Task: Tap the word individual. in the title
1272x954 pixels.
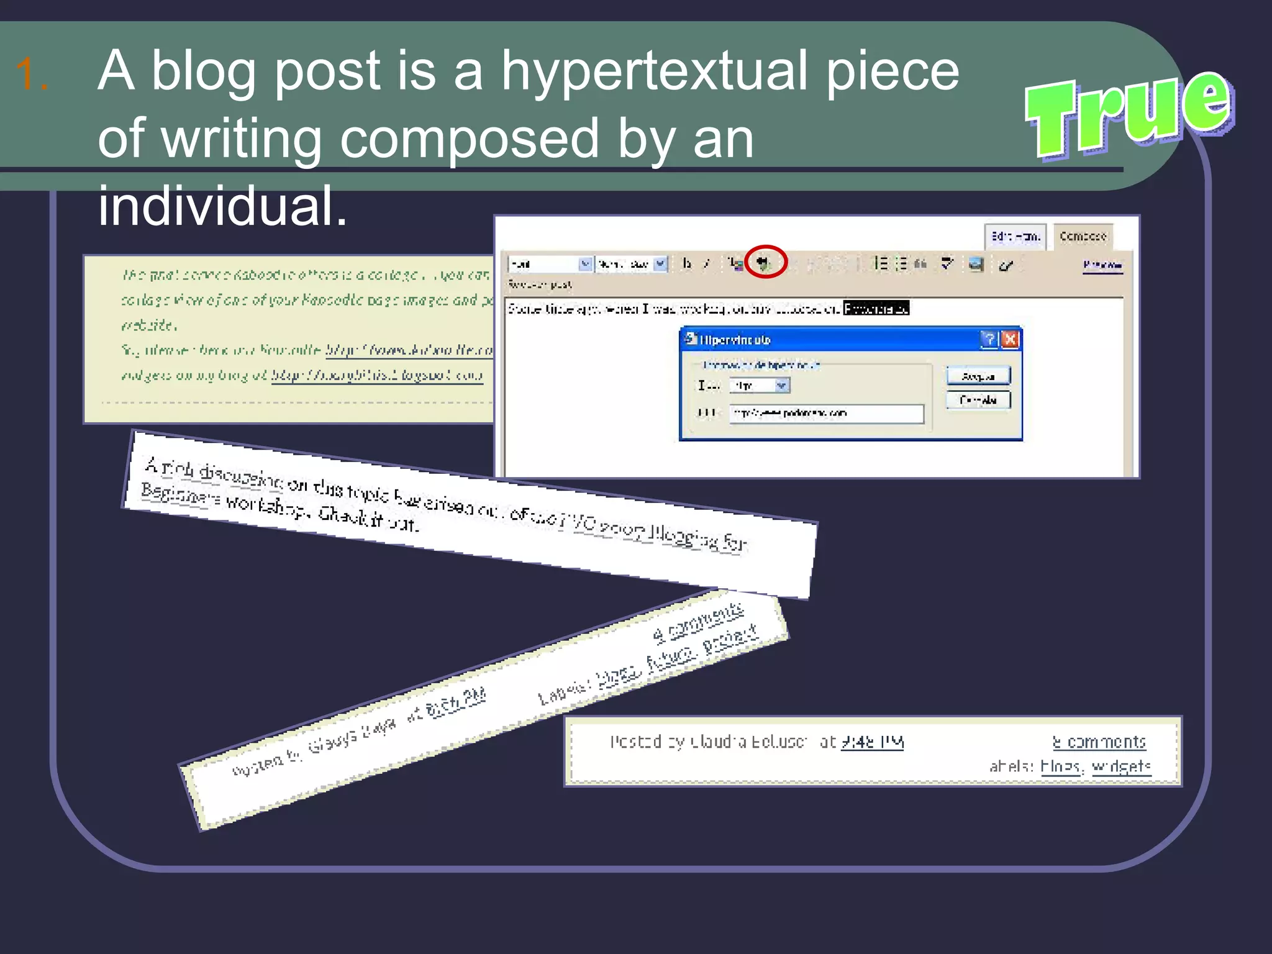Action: point(222,206)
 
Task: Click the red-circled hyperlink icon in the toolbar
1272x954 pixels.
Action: point(765,263)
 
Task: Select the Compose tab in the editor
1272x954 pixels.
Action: point(1083,237)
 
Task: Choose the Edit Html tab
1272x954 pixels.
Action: point(1015,237)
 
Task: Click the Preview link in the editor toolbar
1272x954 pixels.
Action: point(1102,265)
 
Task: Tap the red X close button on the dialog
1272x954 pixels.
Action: point(1011,339)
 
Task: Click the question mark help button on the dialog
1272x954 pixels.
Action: point(989,339)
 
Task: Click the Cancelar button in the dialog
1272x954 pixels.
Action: point(978,400)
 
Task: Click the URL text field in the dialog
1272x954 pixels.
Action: point(826,414)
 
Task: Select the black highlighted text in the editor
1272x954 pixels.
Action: point(876,308)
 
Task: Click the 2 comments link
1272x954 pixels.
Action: point(1099,742)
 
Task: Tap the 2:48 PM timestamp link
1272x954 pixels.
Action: point(872,742)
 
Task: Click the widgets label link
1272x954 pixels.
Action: point(1121,767)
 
